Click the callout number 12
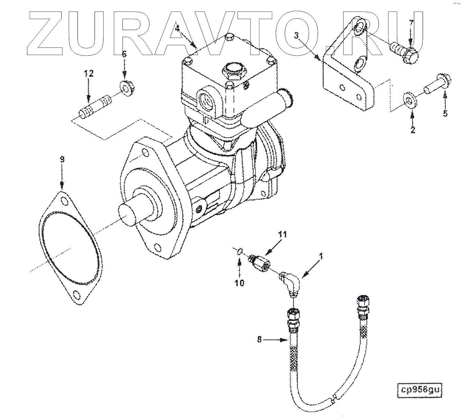pos(89,73)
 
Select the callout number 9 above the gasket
pos(62,159)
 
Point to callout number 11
pos(283,235)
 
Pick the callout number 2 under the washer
pos(413,130)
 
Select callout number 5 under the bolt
pos(445,113)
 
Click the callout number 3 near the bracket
pos(296,35)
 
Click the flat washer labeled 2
pos(409,100)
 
